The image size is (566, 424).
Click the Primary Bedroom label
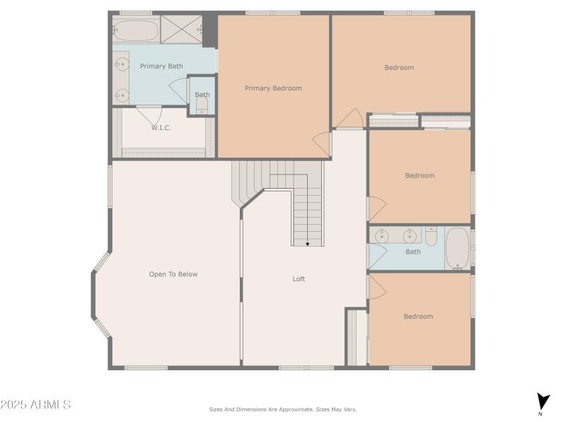click(x=273, y=88)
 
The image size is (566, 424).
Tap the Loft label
click(x=299, y=279)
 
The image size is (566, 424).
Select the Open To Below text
click(x=173, y=274)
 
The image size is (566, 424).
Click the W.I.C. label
click(x=161, y=128)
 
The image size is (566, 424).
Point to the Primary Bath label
click(x=161, y=66)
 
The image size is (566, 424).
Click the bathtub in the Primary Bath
click(x=136, y=30)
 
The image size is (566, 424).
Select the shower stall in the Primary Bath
click(x=181, y=29)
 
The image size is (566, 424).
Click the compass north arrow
click(x=542, y=401)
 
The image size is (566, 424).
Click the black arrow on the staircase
click(x=308, y=244)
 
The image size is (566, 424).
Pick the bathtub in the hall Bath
click(x=458, y=248)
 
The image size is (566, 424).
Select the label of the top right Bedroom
click(x=399, y=68)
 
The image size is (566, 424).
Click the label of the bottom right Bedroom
click(x=418, y=317)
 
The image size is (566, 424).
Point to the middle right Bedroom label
click(x=420, y=176)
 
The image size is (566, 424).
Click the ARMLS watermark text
click(x=35, y=405)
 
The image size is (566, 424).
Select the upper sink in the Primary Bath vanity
click(x=122, y=64)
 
